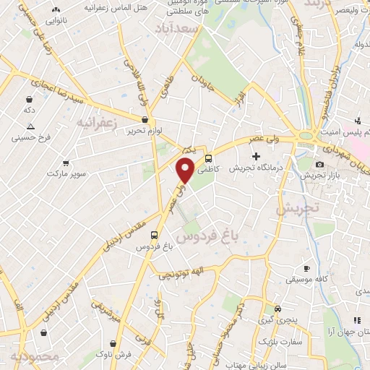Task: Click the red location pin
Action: pyautogui.click(x=186, y=171)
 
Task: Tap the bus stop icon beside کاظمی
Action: pyautogui.click(x=208, y=159)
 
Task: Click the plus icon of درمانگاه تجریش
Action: pyautogui.click(x=254, y=156)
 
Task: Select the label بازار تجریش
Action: pyautogui.click(x=315, y=176)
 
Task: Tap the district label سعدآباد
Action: pyautogui.click(x=176, y=28)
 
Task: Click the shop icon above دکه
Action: pyautogui.click(x=28, y=99)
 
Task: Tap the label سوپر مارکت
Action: pyautogui.click(x=66, y=173)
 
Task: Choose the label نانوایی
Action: pyautogui.click(x=54, y=21)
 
